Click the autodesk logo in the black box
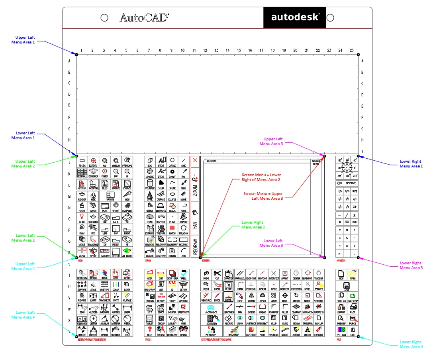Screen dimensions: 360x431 295,18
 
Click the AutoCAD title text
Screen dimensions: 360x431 144,18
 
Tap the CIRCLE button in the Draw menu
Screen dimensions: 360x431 172,161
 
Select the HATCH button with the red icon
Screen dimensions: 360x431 172,229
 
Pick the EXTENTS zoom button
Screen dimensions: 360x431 93,161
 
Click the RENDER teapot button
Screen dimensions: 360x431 82,196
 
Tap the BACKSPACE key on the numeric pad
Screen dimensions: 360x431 347,183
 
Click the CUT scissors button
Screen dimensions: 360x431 217,275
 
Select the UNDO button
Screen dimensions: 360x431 206,275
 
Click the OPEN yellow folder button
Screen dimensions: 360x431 353,275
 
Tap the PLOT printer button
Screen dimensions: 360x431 353,308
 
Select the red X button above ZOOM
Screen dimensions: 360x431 195,160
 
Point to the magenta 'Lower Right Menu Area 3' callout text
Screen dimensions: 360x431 411,265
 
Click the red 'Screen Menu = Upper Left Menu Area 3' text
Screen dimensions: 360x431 263,196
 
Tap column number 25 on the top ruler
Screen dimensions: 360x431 351,50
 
